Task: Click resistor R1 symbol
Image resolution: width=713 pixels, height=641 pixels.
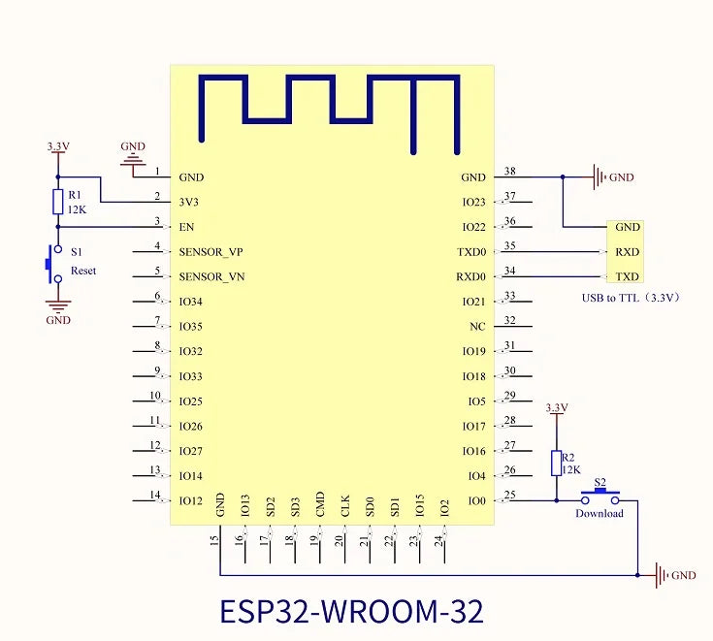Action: (x=57, y=202)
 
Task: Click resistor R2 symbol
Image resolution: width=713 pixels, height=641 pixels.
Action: (x=555, y=463)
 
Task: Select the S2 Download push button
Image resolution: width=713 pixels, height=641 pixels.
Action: (x=600, y=497)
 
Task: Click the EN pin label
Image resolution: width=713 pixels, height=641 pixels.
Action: (x=187, y=228)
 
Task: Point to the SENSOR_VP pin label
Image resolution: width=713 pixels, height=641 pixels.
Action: (x=211, y=252)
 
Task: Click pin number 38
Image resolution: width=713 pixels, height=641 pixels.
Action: (x=510, y=172)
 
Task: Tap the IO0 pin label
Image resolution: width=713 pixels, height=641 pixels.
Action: (x=475, y=501)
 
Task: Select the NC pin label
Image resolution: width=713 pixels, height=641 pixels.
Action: (x=476, y=327)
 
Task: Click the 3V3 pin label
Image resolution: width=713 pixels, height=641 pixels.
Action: (x=190, y=203)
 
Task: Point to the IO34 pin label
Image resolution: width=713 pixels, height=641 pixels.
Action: (x=191, y=302)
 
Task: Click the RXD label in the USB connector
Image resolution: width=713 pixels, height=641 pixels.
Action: (x=628, y=252)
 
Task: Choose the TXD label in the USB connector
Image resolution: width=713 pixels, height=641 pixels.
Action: (x=628, y=276)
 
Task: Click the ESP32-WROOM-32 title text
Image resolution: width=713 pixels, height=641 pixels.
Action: (x=351, y=612)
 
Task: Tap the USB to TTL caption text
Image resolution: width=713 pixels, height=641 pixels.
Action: (x=630, y=298)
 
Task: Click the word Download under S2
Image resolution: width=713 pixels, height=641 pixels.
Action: (x=600, y=514)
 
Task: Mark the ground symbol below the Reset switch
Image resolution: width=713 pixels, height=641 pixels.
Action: (x=57, y=306)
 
